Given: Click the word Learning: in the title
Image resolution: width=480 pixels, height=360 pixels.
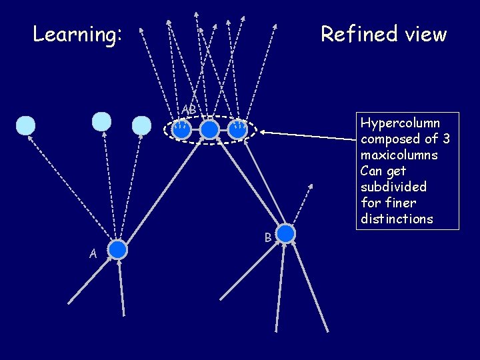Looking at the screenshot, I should (77, 34).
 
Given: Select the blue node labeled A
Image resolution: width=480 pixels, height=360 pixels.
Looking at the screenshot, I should (117, 249).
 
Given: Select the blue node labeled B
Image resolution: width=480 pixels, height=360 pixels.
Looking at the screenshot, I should (285, 233).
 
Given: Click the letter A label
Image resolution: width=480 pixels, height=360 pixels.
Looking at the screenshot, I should (94, 253).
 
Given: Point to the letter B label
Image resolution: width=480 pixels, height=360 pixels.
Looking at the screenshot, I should (267, 237).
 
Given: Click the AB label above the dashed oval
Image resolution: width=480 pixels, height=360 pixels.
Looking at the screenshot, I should (189, 109).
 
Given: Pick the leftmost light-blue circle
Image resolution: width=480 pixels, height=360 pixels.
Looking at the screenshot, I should (25, 125).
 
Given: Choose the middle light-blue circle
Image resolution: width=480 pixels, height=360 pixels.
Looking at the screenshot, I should (101, 121).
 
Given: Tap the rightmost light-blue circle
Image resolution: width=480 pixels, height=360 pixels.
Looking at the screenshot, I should (141, 126).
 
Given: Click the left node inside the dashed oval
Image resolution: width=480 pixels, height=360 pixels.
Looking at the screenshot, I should (181, 129).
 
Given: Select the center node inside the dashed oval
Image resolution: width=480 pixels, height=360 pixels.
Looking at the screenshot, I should (209, 129).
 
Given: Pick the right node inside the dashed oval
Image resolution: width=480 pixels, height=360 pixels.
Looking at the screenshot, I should (237, 129).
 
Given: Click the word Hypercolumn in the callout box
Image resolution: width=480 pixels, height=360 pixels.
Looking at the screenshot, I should (400, 123).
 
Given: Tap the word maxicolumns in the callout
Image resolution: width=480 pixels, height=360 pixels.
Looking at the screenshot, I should (399, 155).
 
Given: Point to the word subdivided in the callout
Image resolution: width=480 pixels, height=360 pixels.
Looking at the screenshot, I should (393, 187).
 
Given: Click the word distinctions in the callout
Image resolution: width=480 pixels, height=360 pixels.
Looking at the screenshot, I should (397, 219).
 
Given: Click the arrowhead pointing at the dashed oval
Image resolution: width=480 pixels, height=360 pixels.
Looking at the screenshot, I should (263, 132).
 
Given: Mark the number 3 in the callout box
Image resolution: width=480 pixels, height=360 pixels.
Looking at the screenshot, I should (445, 139).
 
